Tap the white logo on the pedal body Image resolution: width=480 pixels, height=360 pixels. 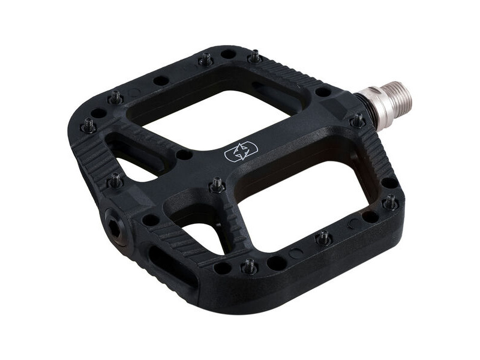point(238,152)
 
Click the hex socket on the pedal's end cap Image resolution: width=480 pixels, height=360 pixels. point(114,220)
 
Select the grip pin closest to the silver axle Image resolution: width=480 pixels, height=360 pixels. point(358,121)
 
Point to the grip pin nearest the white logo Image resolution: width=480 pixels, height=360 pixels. point(217,185)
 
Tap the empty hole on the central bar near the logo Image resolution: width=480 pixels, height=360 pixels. point(184,154)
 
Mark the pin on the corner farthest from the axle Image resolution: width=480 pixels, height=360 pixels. point(89,125)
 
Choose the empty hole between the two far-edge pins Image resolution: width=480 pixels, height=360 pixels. point(228,54)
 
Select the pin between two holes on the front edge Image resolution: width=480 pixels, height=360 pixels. point(249,266)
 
